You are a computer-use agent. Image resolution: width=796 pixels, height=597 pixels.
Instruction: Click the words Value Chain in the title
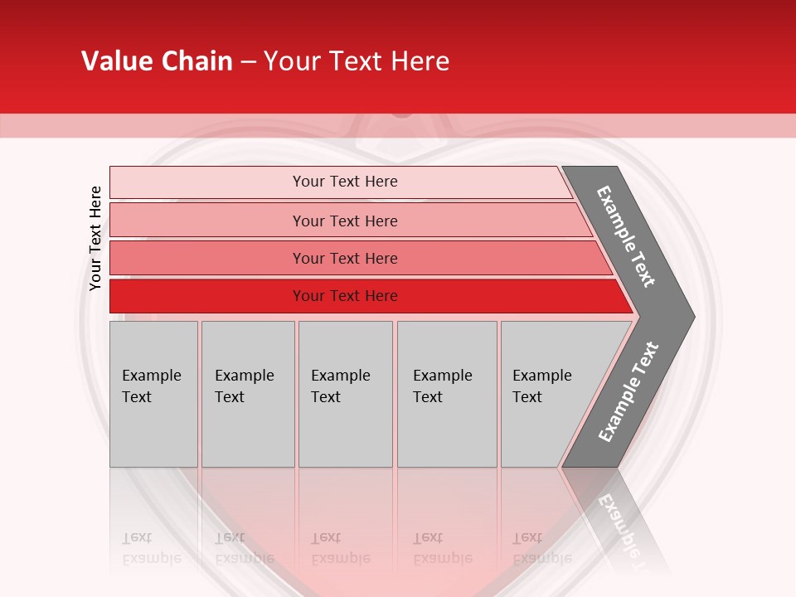tap(157, 61)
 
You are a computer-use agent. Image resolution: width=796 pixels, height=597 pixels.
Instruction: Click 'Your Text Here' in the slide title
tap(357, 61)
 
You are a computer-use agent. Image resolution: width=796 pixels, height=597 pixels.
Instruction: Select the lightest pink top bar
tap(207, 182)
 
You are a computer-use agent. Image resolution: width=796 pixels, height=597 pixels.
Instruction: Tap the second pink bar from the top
tap(207, 221)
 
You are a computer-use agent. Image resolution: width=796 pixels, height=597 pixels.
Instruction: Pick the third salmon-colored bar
tap(207, 258)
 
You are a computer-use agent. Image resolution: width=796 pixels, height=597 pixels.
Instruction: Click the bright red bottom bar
tap(207, 296)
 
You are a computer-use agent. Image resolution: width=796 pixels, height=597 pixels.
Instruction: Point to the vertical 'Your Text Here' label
tap(95, 238)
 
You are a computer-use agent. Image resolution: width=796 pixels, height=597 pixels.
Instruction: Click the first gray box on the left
tap(153, 394)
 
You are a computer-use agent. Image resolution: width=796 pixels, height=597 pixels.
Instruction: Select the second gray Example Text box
tap(247, 394)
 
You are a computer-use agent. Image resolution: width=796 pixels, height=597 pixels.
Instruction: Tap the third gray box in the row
tap(345, 394)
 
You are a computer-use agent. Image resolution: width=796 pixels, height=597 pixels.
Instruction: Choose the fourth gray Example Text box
tap(447, 394)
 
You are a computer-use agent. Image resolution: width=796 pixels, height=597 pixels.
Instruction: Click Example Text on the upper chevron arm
tap(626, 236)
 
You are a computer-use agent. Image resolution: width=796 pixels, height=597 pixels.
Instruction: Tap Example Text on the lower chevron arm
tap(629, 392)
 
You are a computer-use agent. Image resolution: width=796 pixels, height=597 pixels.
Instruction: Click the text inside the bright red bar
tap(345, 296)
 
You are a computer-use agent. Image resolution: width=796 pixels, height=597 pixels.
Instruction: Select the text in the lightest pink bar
tap(345, 182)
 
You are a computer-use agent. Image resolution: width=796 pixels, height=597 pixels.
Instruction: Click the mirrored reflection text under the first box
tap(151, 548)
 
